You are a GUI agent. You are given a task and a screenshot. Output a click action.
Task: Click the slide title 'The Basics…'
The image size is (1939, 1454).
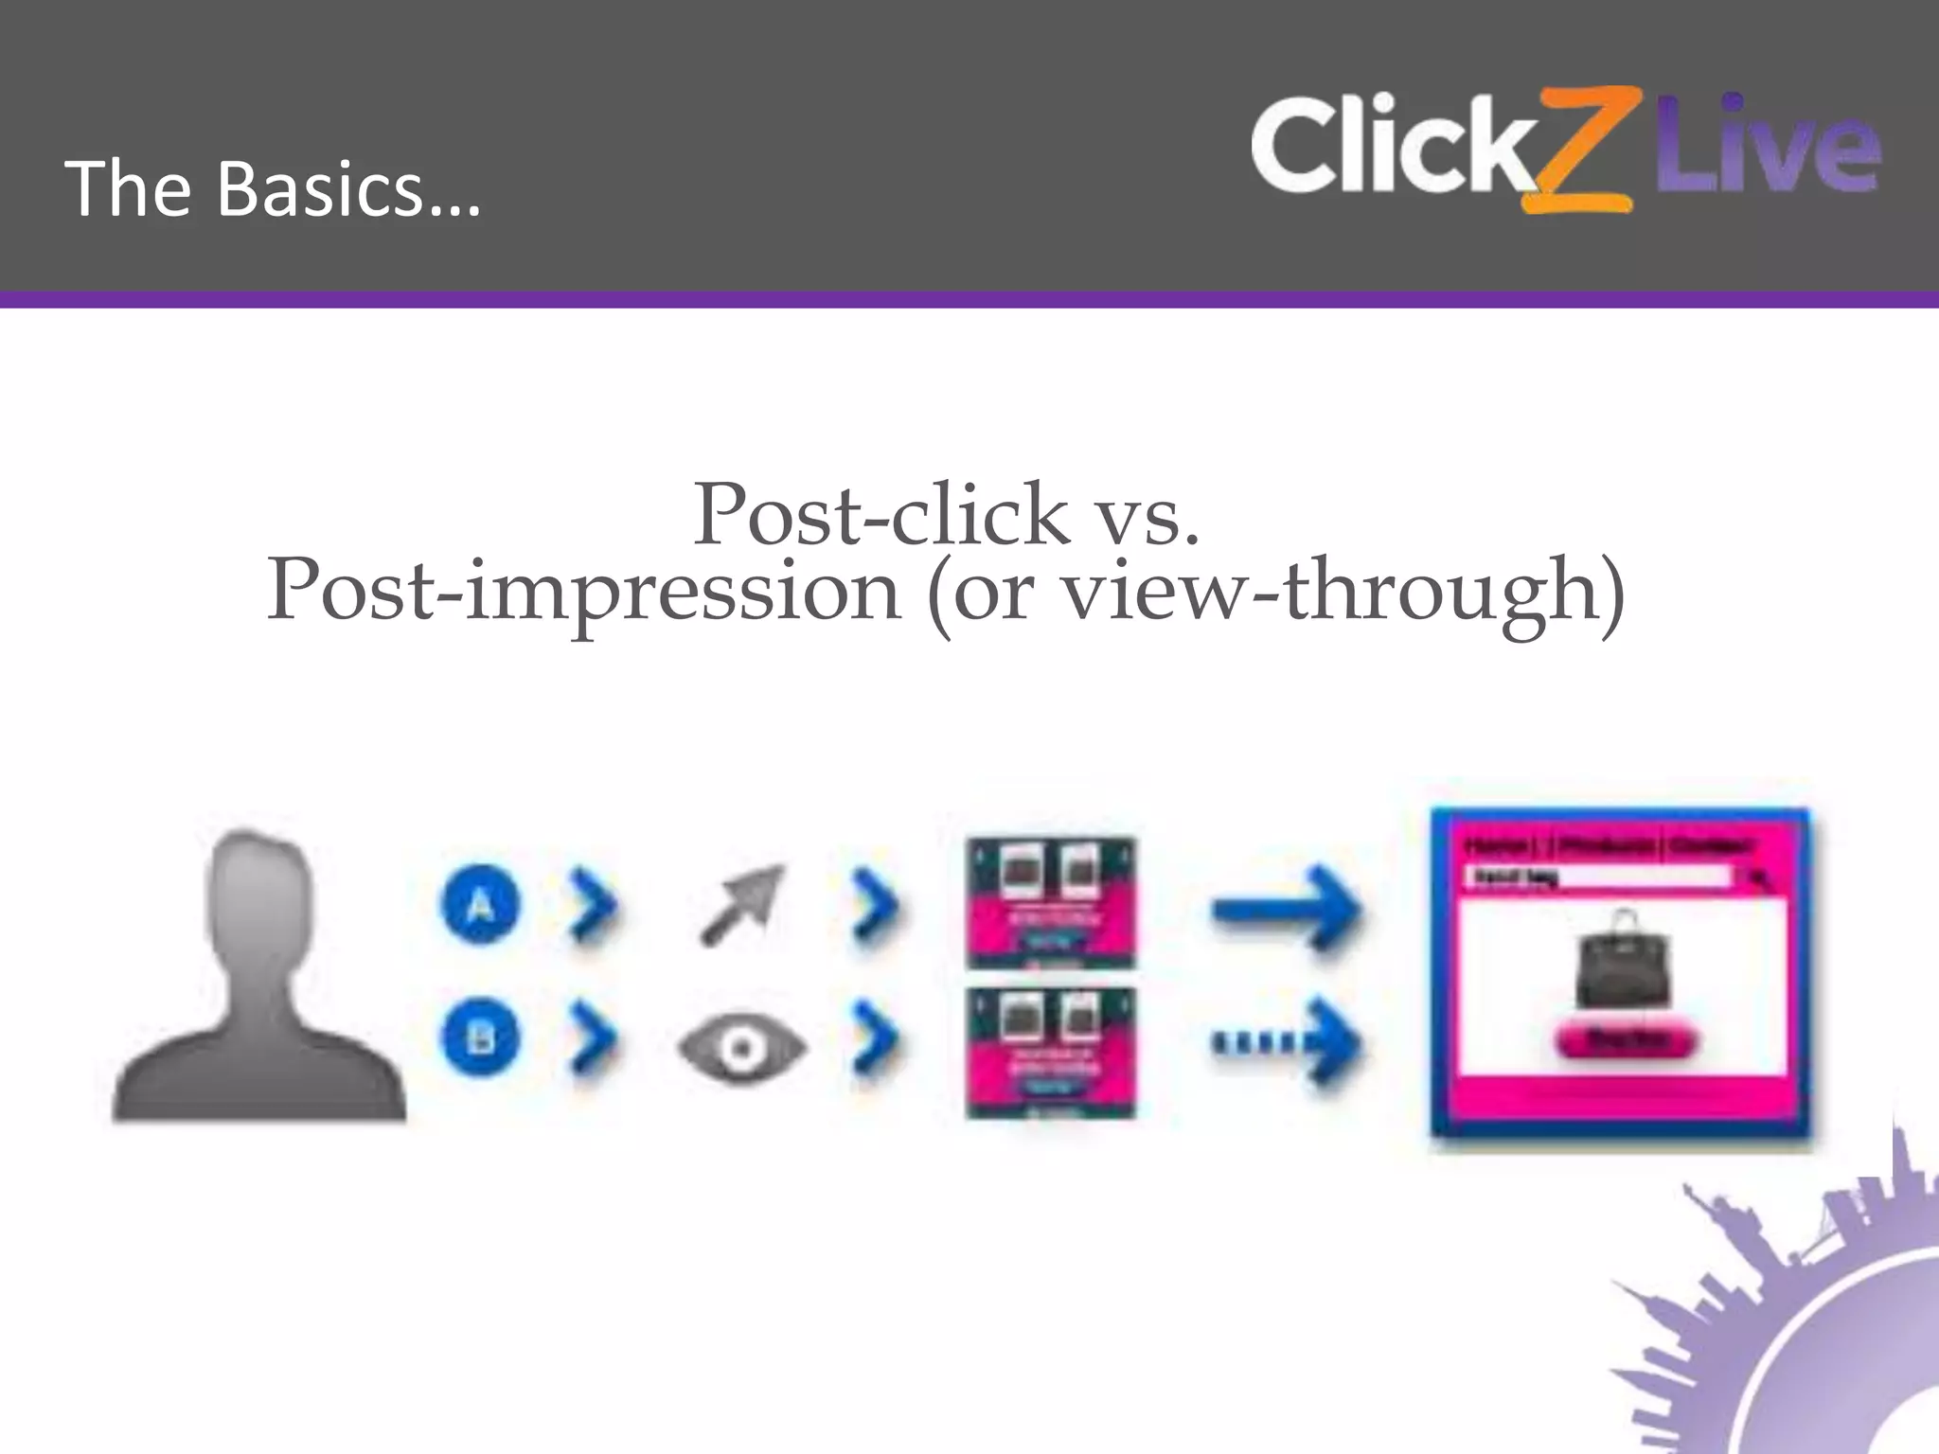[274, 188]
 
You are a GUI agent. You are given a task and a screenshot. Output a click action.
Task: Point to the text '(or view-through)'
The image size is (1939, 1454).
[1274, 592]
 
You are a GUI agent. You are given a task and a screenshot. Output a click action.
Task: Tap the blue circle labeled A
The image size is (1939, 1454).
[480, 906]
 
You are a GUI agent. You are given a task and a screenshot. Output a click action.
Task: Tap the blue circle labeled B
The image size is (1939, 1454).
[480, 1039]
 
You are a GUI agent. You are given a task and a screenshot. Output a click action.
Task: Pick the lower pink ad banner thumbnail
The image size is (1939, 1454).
[1051, 1053]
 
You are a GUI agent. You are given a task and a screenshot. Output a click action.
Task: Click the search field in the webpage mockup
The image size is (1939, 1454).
[1600, 878]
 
